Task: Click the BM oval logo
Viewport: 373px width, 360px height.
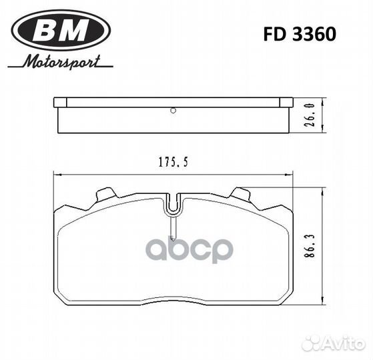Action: click(61, 31)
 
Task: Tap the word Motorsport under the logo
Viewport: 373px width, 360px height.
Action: click(61, 62)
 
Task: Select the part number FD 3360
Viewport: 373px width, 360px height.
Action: click(300, 34)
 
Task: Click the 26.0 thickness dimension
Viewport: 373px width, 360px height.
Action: click(311, 115)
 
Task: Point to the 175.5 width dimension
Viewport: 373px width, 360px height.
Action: click(173, 162)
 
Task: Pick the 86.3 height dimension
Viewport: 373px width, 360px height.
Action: click(311, 246)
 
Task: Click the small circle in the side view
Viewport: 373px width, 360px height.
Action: click(173, 111)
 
